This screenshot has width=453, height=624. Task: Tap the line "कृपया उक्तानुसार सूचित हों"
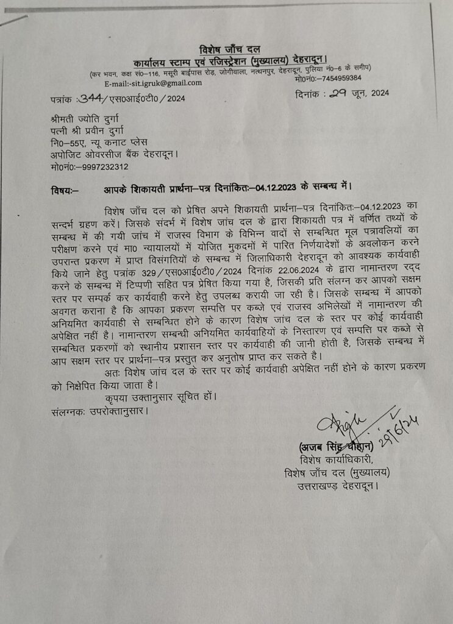(x=160, y=397)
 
